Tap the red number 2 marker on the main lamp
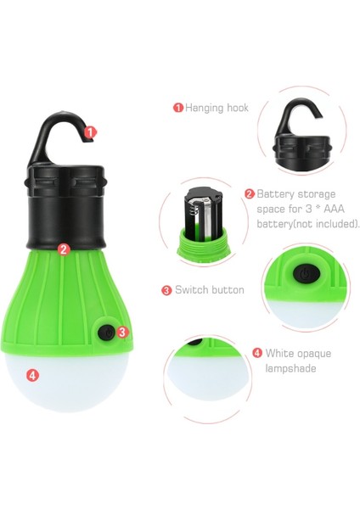point(64,249)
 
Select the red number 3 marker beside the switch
point(122,333)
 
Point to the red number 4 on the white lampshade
point(33,374)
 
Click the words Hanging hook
point(217,108)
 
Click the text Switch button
point(209,290)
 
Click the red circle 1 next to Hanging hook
point(178,108)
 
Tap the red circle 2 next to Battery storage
point(250,193)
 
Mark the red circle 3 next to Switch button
point(166,290)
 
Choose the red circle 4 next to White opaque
point(257,353)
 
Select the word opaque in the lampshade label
point(312,353)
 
